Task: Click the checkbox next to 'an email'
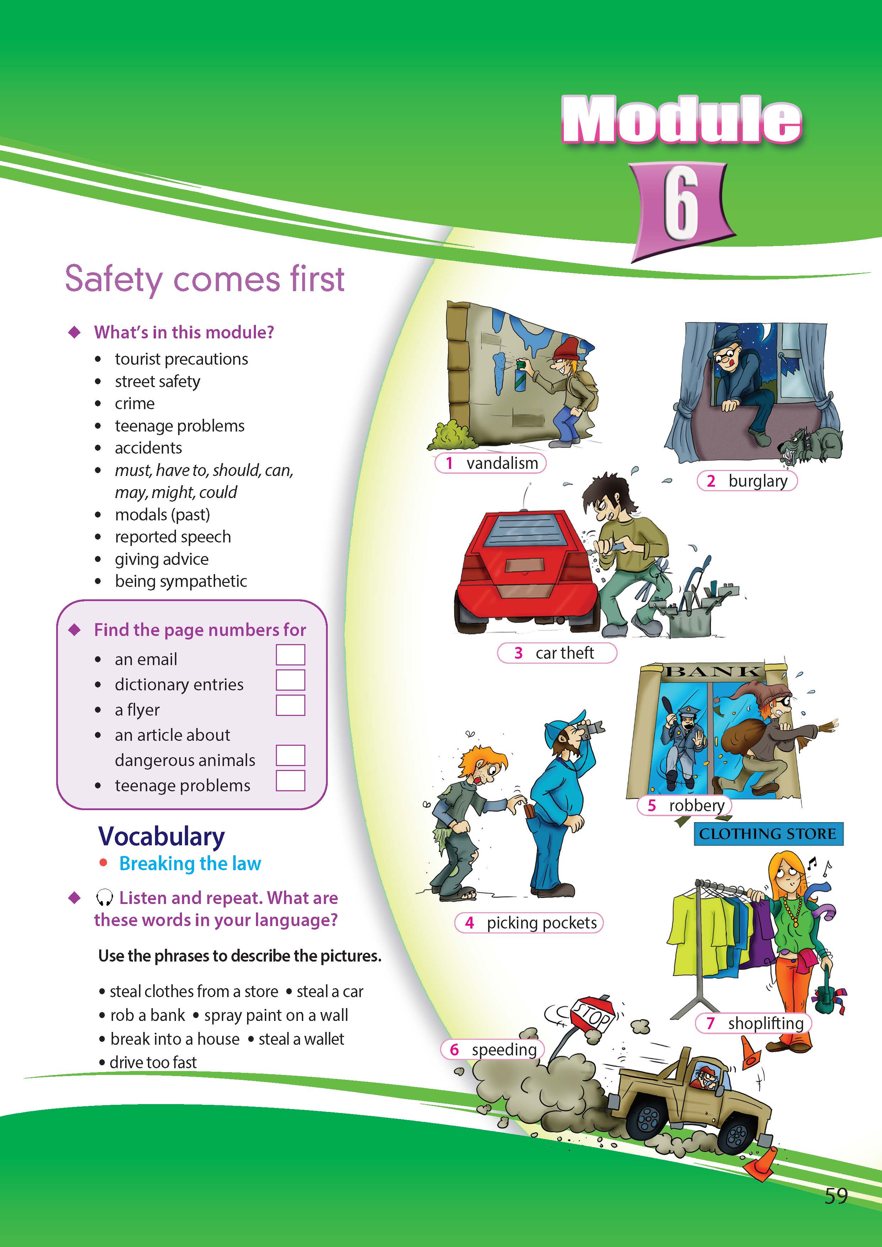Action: click(x=290, y=654)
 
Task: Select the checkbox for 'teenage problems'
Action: click(x=290, y=781)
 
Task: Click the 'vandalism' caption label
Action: click(x=491, y=463)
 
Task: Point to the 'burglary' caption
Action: click(x=747, y=481)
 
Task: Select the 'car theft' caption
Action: click(x=557, y=653)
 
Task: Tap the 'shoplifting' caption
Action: click(x=753, y=1023)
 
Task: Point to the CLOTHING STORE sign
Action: click(x=768, y=834)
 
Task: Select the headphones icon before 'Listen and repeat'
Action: click(x=104, y=898)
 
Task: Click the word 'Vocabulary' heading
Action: click(x=161, y=837)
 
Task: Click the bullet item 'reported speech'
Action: click(x=173, y=537)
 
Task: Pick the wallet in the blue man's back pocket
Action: click(x=527, y=813)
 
